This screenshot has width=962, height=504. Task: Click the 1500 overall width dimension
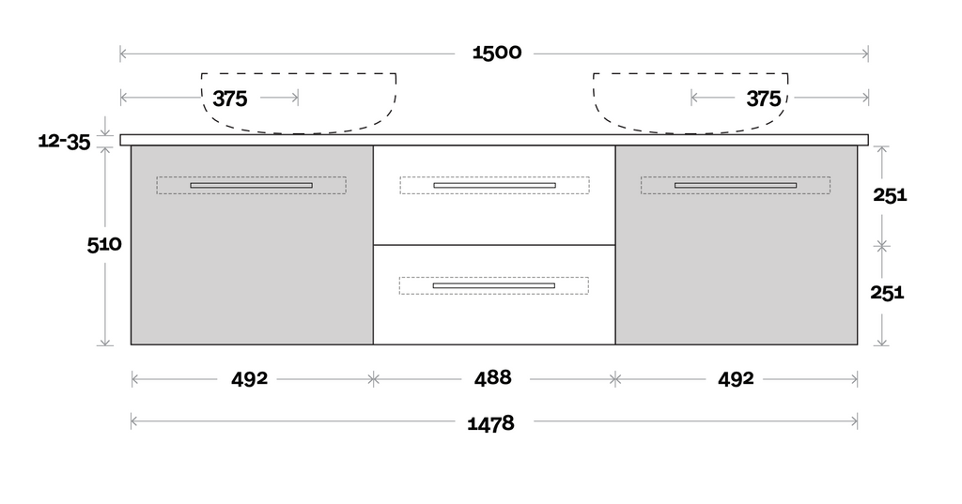(496, 53)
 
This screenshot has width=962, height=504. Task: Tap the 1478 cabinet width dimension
(490, 423)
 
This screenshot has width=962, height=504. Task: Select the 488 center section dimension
(492, 378)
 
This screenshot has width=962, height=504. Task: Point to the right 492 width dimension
(736, 378)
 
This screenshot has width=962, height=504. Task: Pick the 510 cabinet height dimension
(104, 245)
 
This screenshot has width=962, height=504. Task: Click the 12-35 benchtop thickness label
(64, 142)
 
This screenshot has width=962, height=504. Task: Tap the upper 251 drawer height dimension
(888, 195)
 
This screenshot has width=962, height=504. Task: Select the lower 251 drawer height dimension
(888, 292)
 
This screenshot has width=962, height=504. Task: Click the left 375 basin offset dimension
(229, 99)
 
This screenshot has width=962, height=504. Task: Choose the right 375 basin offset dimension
(763, 99)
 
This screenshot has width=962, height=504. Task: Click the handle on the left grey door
(251, 185)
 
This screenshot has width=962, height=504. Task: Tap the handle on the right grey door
(736, 185)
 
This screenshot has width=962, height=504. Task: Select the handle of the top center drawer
(494, 185)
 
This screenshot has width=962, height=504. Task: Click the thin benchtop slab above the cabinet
(494, 140)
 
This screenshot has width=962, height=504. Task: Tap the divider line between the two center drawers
(494, 245)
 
